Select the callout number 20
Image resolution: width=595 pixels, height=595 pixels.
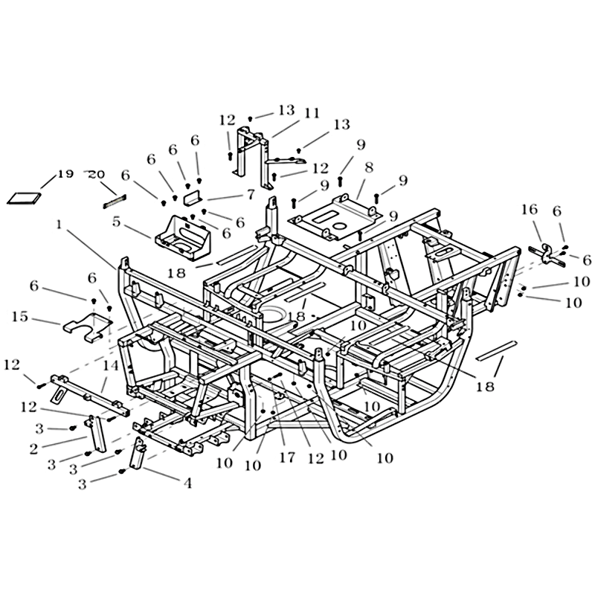(97, 175)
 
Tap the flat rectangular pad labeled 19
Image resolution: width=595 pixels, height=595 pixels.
(24, 199)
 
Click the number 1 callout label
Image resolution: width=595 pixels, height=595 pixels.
(59, 225)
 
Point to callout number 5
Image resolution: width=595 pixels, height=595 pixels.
(116, 221)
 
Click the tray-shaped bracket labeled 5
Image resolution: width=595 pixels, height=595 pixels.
(183, 237)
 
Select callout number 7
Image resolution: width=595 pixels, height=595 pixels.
(251, 195)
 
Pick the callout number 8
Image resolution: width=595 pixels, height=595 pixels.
(368, 167)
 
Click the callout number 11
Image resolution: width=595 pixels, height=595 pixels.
(312, 114)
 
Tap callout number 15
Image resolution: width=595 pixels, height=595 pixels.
(20, 317)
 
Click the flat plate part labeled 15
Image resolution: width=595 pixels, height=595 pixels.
(88, 325)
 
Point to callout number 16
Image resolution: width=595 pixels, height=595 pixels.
(530, 209)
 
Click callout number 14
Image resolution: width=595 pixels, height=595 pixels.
(110, 365)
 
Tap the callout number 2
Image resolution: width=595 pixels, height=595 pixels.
(33, 449)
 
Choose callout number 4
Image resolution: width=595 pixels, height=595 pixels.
(187, 483)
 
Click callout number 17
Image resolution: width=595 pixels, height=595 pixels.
(287, 457)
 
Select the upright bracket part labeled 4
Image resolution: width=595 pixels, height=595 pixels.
(138, 453)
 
